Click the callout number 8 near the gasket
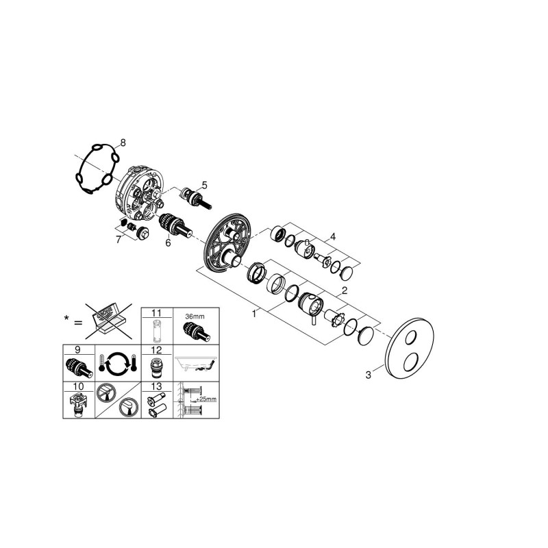tap(123, 142)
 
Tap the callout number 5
tap(204, 185)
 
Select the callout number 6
tap(168, 242)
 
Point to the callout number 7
tap(119, 240)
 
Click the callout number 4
tap(333, 237)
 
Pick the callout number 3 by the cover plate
tap(368, 375)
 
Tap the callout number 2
tap(345, 290)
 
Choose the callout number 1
tap(254, 314)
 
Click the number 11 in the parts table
tap(157, 313)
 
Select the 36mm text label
tap(195, 316)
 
